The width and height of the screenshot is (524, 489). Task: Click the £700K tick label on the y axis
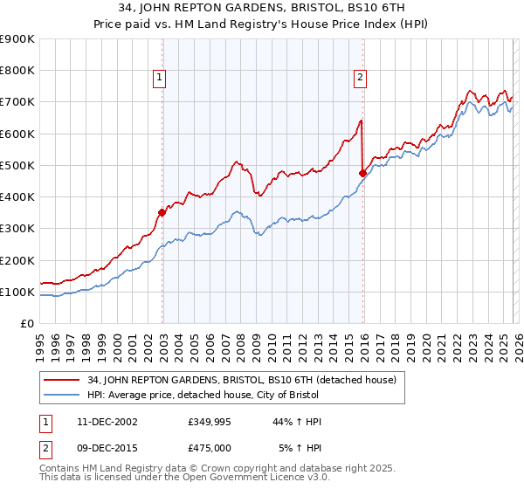(17, 102)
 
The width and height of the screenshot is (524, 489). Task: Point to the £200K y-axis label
(17, 260)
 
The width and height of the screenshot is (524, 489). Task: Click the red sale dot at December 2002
(162, 212)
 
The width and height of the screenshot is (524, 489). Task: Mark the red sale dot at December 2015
(362, 173)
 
